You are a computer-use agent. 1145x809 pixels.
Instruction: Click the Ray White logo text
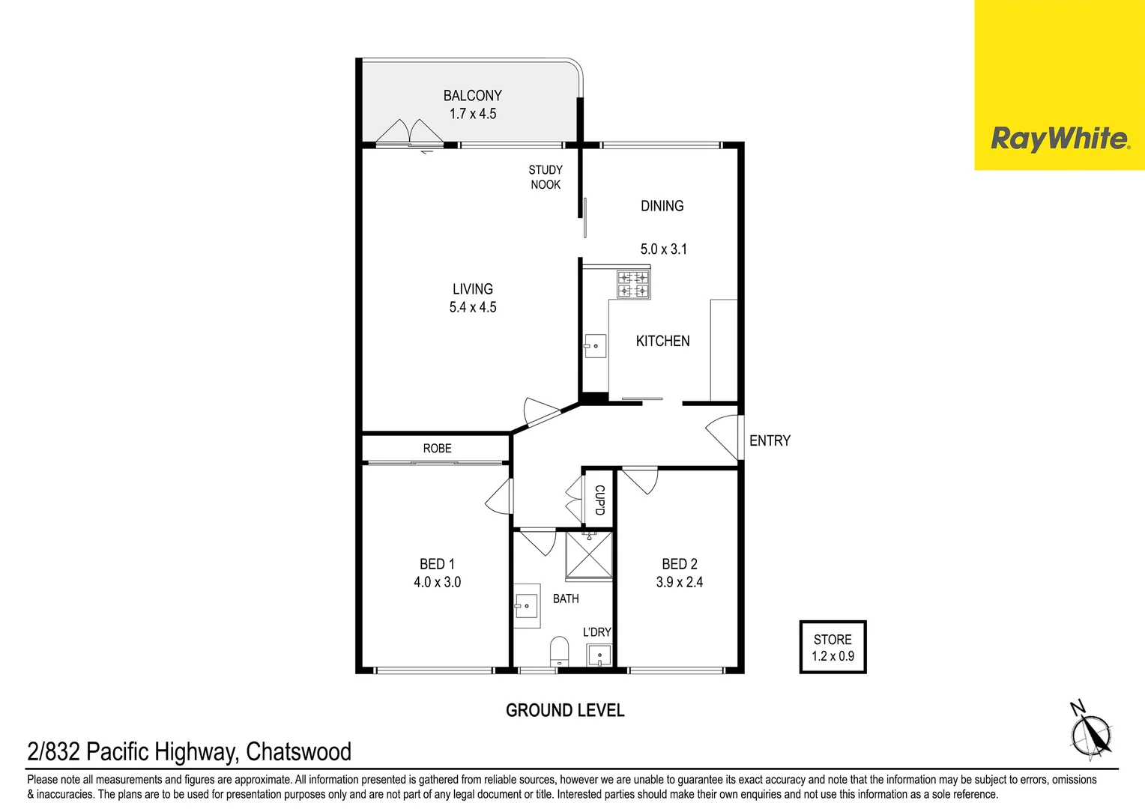click(1059, 139)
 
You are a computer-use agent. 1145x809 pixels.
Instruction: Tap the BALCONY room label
click(472, 96)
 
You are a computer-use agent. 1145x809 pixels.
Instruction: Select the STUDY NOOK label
click(546, 178)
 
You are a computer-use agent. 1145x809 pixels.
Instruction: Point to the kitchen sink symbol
click(595, 346)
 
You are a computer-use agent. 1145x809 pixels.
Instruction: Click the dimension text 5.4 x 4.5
click(473, 307)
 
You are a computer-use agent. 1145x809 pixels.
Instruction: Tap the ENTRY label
click(770, 441)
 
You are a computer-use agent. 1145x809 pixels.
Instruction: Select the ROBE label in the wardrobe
click(437, 449)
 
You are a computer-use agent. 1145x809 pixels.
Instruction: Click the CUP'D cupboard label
click(599, 500)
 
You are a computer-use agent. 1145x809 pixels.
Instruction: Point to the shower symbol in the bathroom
click(589, 554)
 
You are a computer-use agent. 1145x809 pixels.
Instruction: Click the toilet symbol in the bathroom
click(559, 650)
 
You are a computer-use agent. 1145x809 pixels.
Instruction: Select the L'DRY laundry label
click(597, 632)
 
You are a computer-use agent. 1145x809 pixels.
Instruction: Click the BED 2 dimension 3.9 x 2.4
click(680, 582)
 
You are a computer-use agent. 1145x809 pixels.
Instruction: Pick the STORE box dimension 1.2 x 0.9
click(833, 656)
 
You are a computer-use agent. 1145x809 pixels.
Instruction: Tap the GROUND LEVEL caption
click(565, 710)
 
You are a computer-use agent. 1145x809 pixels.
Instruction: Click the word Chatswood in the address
click(298, 751)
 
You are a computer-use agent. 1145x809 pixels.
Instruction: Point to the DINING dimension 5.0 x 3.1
click(663, 249)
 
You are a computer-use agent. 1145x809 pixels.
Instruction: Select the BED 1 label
click(437, 564)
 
